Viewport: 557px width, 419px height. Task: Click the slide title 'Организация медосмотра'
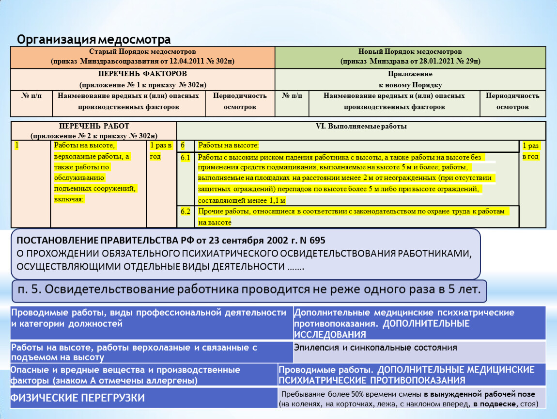click(x=94, y=39)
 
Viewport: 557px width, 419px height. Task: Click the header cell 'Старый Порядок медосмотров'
click(x=142, y=51)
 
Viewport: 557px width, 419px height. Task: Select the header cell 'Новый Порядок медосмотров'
click(x=410, y=51)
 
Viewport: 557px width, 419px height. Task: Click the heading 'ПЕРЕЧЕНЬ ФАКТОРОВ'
click(x=142, y=74)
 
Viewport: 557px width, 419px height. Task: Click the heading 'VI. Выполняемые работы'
click(x=361, y=127)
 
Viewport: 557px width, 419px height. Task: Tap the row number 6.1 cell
click(x=186, y=158)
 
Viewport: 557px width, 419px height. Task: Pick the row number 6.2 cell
click(x=186, y=211)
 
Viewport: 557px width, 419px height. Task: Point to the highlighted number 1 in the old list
click(x=17, y=145)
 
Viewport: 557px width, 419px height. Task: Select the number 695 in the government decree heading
click(x=315, y=241)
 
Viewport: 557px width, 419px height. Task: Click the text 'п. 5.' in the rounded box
click(x=29, y=290)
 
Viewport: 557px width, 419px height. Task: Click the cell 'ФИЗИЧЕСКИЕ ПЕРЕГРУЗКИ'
click(x=78, y=398)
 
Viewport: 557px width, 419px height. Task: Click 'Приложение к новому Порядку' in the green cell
click(x=410, y=79)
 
